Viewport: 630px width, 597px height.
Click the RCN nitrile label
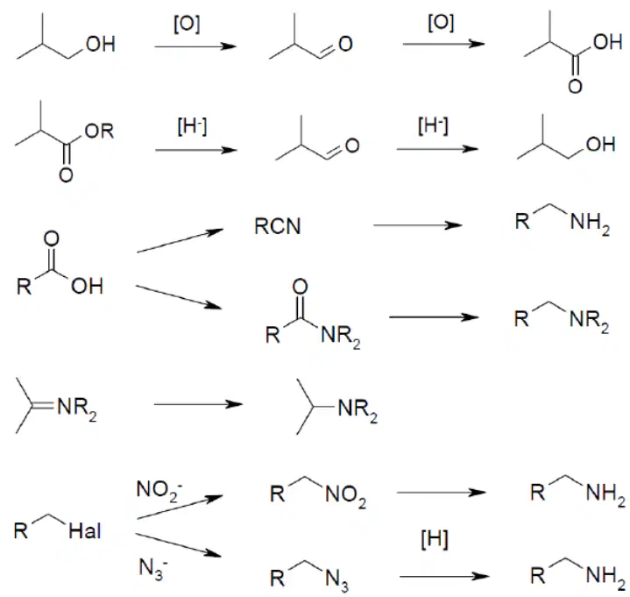point(278,226)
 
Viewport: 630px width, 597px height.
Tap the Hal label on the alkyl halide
point(85,531)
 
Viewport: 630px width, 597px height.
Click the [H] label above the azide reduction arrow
point(435,539)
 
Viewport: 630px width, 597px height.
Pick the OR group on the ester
point(99,131)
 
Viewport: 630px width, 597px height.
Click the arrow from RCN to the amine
point(418,225)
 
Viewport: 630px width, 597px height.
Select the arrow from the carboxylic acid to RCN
point(180,240)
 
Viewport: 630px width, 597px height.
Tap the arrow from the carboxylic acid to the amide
point(179,297)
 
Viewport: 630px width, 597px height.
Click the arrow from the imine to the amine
point(199,404)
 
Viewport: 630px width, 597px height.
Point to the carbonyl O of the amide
point(300,287)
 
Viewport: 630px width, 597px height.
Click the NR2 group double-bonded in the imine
point(77,409)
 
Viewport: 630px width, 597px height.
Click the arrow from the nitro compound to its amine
point(442,492)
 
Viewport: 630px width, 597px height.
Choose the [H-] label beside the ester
point(192,126)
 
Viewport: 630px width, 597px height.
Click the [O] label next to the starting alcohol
point(187,25)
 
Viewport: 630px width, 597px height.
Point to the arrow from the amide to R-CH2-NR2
point(435,317)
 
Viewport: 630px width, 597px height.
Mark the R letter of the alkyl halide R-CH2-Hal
point(21,530)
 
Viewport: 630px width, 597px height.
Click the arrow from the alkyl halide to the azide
point(179,545)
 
